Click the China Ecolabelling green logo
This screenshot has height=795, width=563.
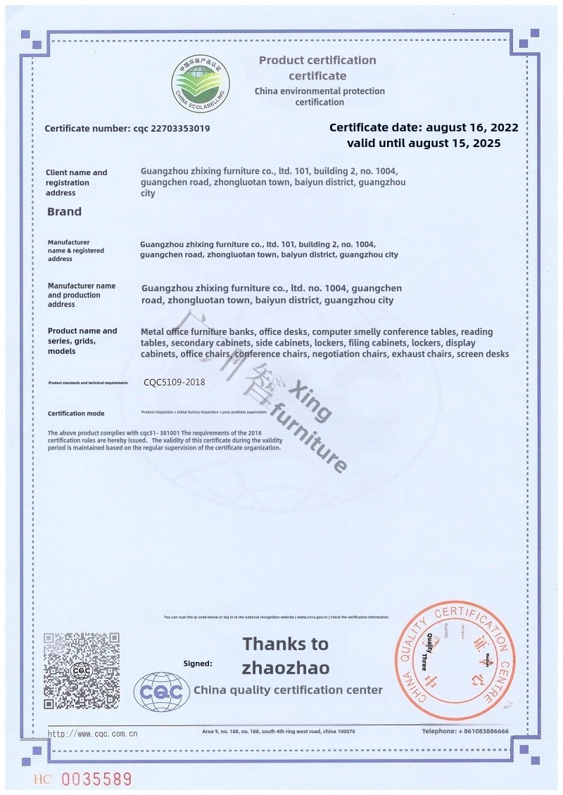pos(201,82)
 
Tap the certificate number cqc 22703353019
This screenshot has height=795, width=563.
pos(127,129)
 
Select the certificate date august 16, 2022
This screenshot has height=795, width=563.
pos(424,127)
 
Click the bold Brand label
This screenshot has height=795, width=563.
pos(64,211)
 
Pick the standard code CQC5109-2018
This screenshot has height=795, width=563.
pos(174,383)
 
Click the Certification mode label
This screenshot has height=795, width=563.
pos(76,414)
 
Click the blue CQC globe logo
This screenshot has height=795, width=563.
pos(163,692)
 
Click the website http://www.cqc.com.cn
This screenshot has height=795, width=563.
pos(92,734)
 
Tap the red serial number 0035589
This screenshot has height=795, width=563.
pos(96,780)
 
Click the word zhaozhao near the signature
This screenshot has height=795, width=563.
pos(285,667)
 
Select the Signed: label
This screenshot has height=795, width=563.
pos(197,663)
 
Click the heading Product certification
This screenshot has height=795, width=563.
pos(317,61)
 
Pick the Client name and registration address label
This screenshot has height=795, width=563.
pos(76,182)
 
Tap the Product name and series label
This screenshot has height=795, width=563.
pos(82,341)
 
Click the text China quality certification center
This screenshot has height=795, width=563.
pos(288,690)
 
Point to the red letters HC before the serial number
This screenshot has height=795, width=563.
pos(42,780)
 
